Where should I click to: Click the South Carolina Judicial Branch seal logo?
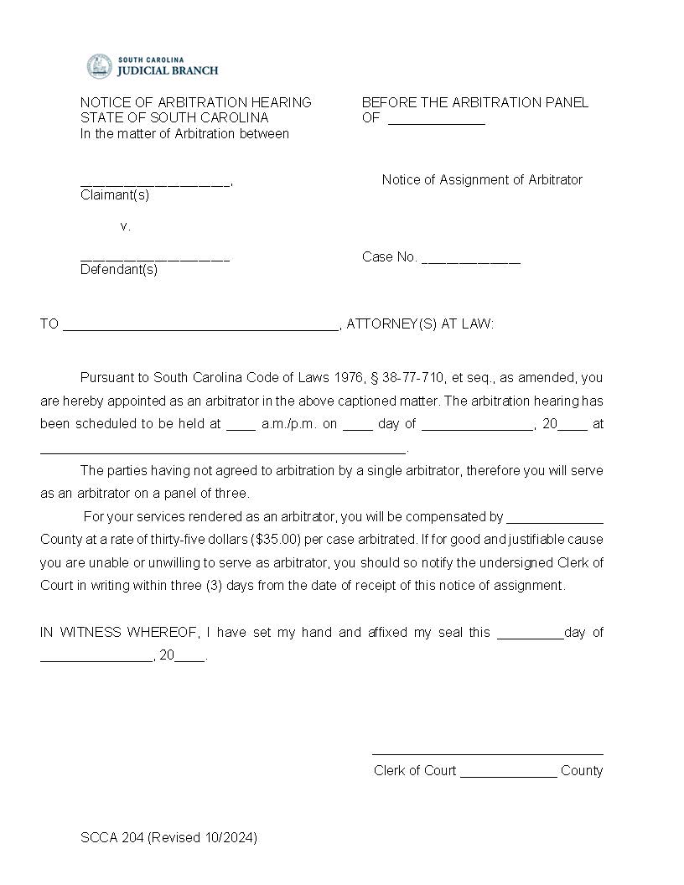click(x=99, y=66)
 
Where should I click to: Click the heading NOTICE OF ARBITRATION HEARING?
click(x=195, y=102)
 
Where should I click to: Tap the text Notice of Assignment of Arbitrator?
click(x=482, y=179)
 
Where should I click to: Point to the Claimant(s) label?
click(x=115, y=195)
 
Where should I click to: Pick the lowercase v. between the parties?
click(x=126, y=226)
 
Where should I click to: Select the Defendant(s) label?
click(x=119, y=270)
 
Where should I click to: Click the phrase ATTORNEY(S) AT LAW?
click(x=420, y=323)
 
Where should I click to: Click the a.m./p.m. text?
click(x=289, y=424)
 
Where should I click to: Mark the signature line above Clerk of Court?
click(x=487, y=753)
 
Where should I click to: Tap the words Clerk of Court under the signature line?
click(x=415, y=771)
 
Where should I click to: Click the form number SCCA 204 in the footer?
click(x=112, y=837)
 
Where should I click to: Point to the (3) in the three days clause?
click(x=214, y=586)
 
